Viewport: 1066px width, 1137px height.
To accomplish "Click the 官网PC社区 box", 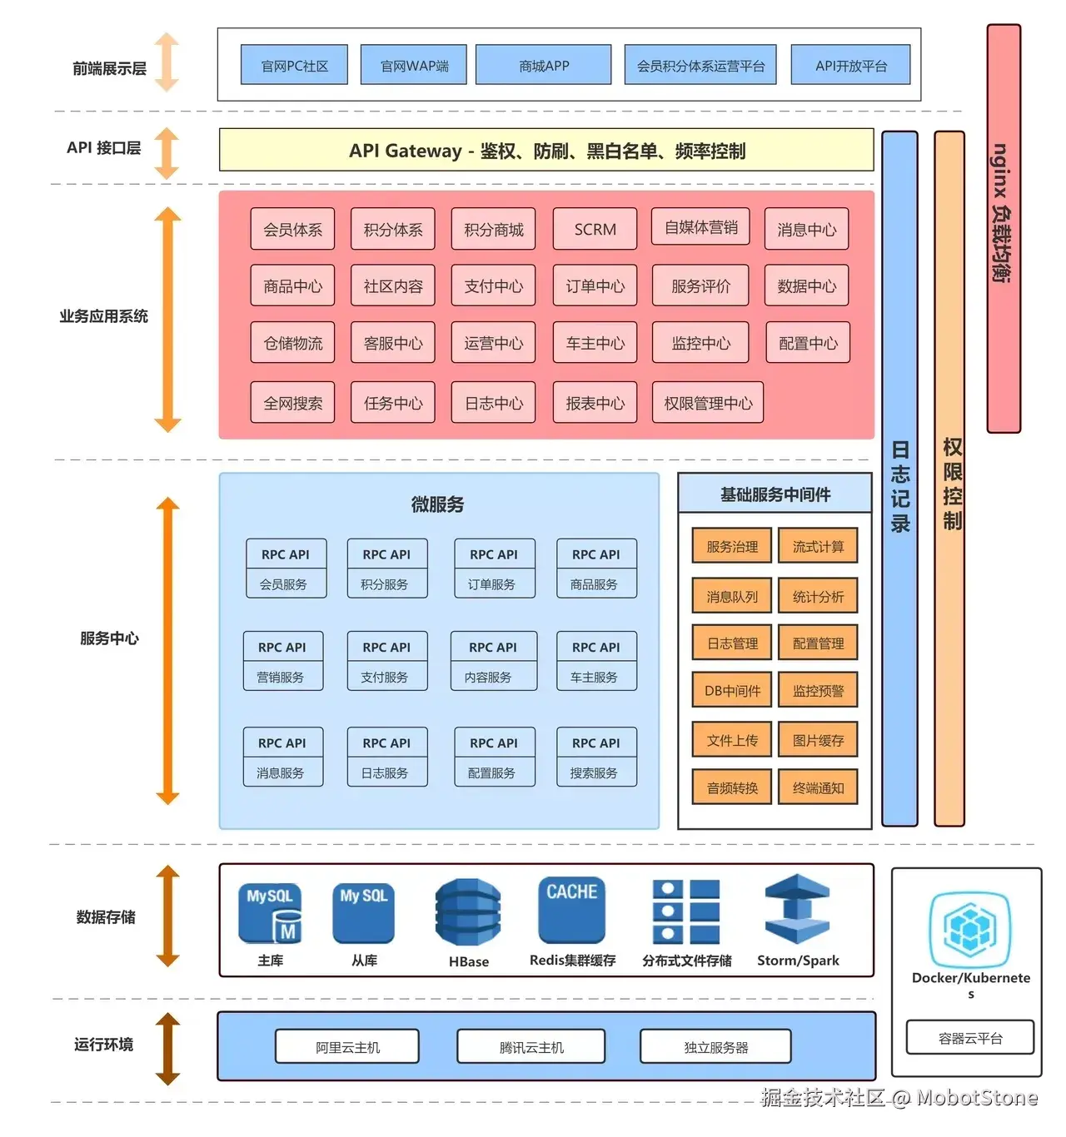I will point(294,65).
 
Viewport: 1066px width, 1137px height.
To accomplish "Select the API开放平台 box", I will point(850,65).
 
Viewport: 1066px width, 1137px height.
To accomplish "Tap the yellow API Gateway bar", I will point(546,151).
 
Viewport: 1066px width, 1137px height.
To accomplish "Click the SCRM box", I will point(595,229).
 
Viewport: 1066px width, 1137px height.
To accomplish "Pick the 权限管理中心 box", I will point(708,403).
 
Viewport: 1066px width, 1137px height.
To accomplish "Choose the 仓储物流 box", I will point(292,343).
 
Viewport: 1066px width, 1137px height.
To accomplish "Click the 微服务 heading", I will point(437,504).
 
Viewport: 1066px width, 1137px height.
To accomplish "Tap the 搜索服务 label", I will point(594,773).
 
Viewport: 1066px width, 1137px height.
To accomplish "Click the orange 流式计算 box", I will point(818,546).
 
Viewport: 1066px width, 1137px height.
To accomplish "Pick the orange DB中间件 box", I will point(732,690).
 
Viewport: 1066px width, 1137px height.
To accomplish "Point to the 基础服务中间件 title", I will point(775,494).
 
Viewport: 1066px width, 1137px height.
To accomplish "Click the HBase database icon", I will point(468,913).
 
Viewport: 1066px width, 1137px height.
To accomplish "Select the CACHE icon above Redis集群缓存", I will point(571,910).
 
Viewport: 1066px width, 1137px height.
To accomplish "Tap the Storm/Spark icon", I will point(797,910).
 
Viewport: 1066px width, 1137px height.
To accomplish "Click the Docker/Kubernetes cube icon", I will point(970,926).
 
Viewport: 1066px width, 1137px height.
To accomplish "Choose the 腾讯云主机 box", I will point(531,1047).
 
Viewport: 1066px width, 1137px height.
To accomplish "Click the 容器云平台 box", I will point(970,1038).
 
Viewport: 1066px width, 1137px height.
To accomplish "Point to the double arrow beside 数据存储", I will point(168,916).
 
